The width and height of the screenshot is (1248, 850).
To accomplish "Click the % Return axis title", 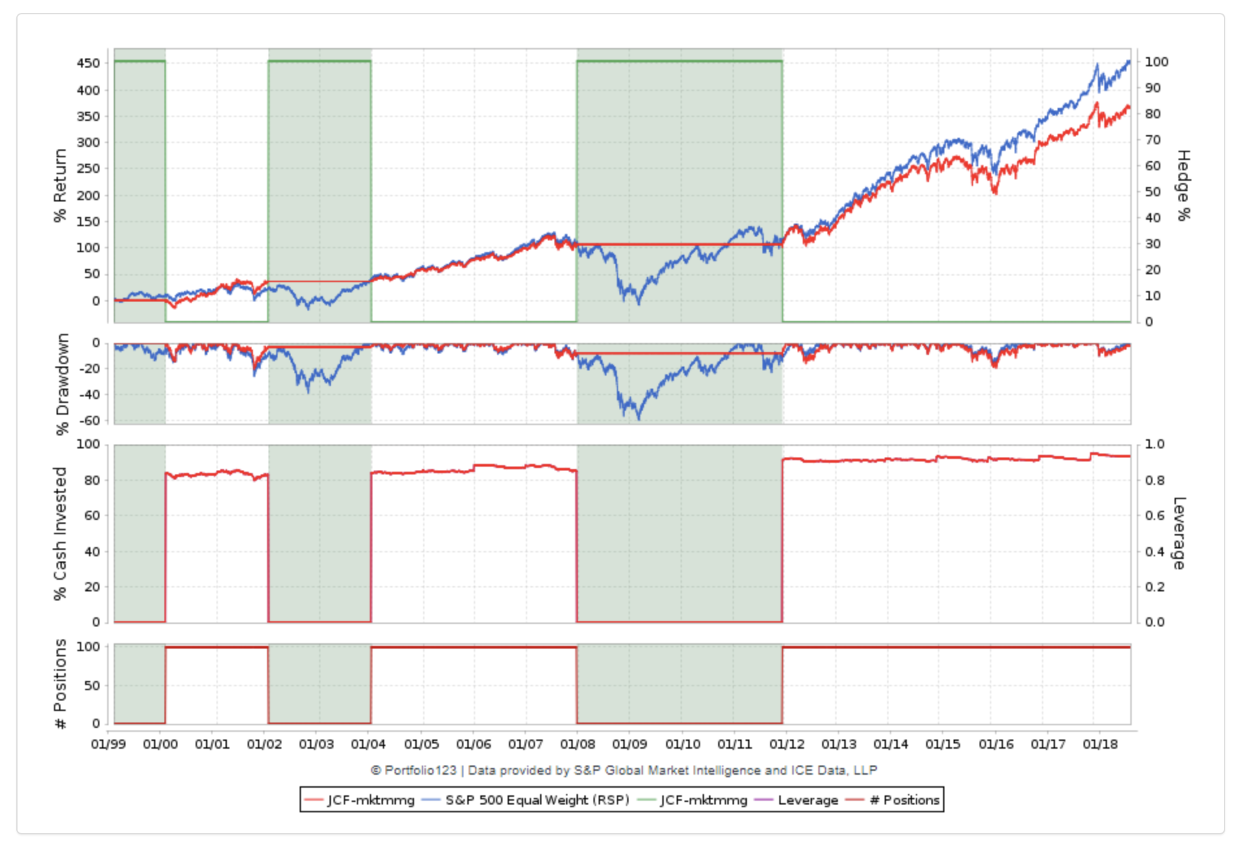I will coord(60,185).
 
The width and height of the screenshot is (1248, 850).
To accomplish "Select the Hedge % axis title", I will coord(1184,185).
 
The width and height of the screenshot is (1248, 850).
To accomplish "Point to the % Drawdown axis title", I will coord(62,384).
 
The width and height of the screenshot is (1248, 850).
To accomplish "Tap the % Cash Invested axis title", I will coord(60,534).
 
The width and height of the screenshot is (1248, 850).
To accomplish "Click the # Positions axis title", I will coord(60,684).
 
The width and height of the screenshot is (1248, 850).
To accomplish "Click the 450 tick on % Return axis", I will coord(88,63).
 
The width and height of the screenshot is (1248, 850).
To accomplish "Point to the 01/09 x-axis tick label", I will coord(629,744).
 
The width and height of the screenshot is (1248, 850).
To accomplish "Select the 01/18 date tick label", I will coord(1100,744).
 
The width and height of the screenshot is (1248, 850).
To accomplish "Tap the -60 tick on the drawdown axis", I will coord(90,420).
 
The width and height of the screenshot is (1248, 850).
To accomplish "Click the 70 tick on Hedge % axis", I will coord(1152,140).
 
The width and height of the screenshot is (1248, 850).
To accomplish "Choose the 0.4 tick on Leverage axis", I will coord(1154,552).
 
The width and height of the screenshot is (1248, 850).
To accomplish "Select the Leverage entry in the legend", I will coord(807,800).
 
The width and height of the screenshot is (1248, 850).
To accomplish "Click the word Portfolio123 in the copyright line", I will coord(420,770).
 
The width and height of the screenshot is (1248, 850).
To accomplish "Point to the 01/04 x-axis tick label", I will coord(369,744).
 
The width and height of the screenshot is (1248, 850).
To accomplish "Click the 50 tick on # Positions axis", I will coord(92,686).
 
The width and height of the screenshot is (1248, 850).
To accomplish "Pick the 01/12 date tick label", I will coord(786,744).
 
